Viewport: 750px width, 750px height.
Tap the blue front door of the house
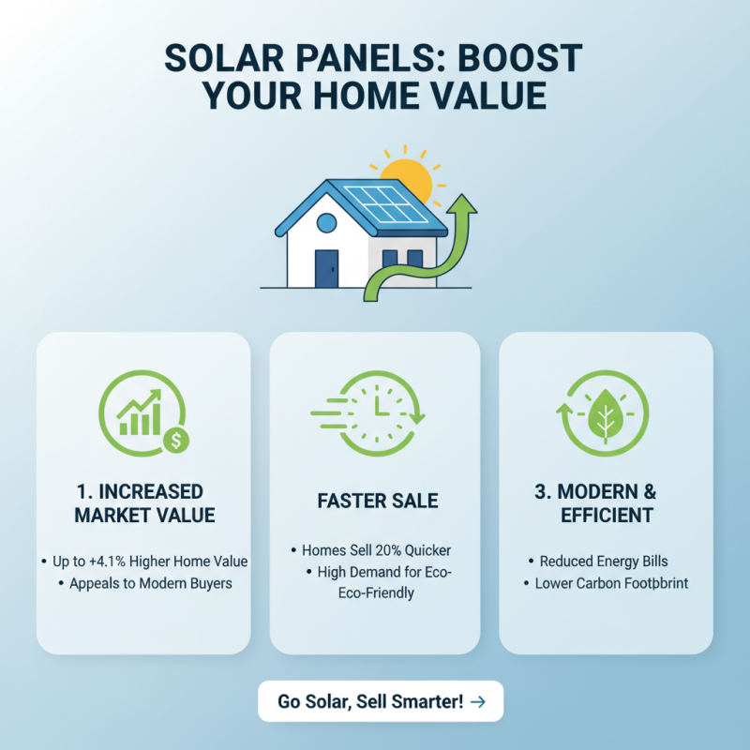pos(325,268)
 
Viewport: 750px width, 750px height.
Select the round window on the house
pos(325,223)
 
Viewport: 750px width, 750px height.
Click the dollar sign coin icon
pos(175,438)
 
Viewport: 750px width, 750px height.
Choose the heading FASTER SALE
pos(377,502)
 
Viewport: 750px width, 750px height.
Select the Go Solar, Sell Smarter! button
pos(381,701)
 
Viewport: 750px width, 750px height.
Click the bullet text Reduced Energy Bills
pos(604,561)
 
